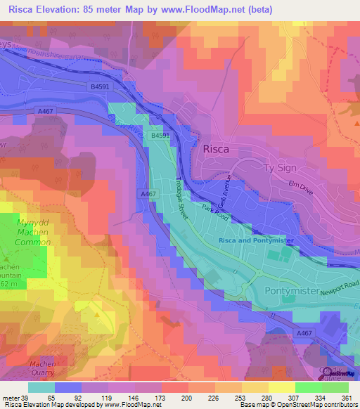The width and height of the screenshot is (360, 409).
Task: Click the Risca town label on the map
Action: [x=216, y=149]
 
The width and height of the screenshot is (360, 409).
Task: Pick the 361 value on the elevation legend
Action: [x=345, y=397]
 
